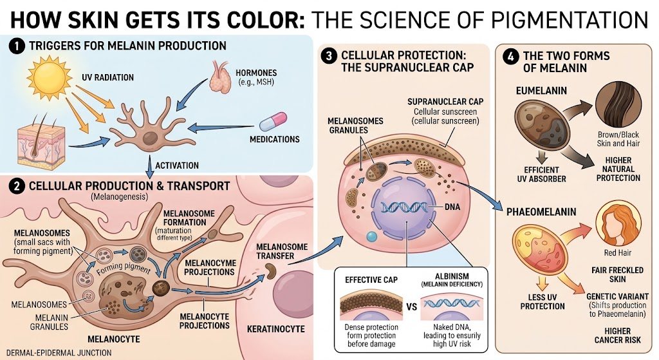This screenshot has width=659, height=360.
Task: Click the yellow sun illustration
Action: coord(49,77)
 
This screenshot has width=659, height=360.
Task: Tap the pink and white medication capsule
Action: coord(273,122)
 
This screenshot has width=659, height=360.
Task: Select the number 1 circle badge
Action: coord(17,46)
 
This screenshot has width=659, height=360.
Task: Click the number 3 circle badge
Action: coord(329,57)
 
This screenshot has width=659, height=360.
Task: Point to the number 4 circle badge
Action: coord(510,57)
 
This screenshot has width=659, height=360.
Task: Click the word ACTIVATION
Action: coord(177,166)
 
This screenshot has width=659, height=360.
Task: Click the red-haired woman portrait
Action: coord(618,223)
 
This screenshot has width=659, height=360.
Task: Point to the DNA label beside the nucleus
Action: coord(452,207)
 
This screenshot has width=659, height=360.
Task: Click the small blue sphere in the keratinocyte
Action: coord(371,236)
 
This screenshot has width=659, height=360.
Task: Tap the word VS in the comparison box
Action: coord(411,307)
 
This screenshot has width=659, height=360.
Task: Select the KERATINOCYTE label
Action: coord(275,329)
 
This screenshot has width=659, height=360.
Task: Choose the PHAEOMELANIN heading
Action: coord(541,211)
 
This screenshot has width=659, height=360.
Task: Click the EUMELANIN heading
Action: coord(541,90)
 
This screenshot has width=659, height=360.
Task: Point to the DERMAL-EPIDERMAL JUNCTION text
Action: coord(59,353)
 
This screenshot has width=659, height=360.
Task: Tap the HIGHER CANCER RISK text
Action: coord(617,335)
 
